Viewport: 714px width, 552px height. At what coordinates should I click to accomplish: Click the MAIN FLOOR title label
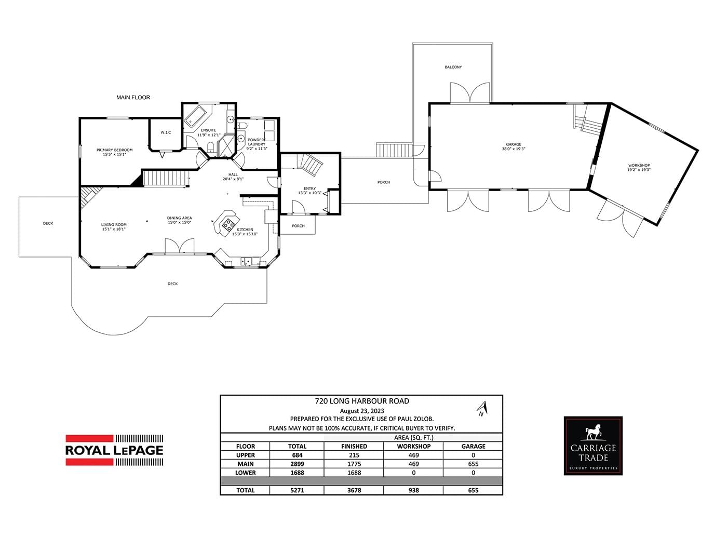(133, 98)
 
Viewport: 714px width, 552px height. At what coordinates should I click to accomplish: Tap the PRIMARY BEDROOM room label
(115, 150)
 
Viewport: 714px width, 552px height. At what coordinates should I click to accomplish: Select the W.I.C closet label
(166, 132)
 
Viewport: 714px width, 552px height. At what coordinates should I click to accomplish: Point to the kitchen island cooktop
(227, 225)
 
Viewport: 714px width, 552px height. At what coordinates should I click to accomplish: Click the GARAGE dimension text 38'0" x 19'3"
(514, 149)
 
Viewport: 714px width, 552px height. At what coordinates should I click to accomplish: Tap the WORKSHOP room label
(639, 165)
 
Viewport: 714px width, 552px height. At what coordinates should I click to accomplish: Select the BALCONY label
(453, 67)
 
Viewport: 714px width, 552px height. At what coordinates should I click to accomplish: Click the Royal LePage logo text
(114, 450)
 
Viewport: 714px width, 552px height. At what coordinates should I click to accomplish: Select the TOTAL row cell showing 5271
(297, 490)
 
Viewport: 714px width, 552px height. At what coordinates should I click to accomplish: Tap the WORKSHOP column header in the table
(414, 446)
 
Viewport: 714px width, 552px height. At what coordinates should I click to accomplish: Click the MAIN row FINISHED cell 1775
(354, 464)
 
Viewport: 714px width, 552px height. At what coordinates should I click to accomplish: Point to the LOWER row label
(246, 473)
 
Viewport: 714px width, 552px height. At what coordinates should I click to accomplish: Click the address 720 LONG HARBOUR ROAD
(362, 401)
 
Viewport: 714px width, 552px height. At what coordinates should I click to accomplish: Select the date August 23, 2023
(362, 411)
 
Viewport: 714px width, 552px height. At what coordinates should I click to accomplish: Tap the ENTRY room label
(309, 189)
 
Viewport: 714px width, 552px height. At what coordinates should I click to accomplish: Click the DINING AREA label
(179, 218)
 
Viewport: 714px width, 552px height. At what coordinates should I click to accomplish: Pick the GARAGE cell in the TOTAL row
(473, 490)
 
